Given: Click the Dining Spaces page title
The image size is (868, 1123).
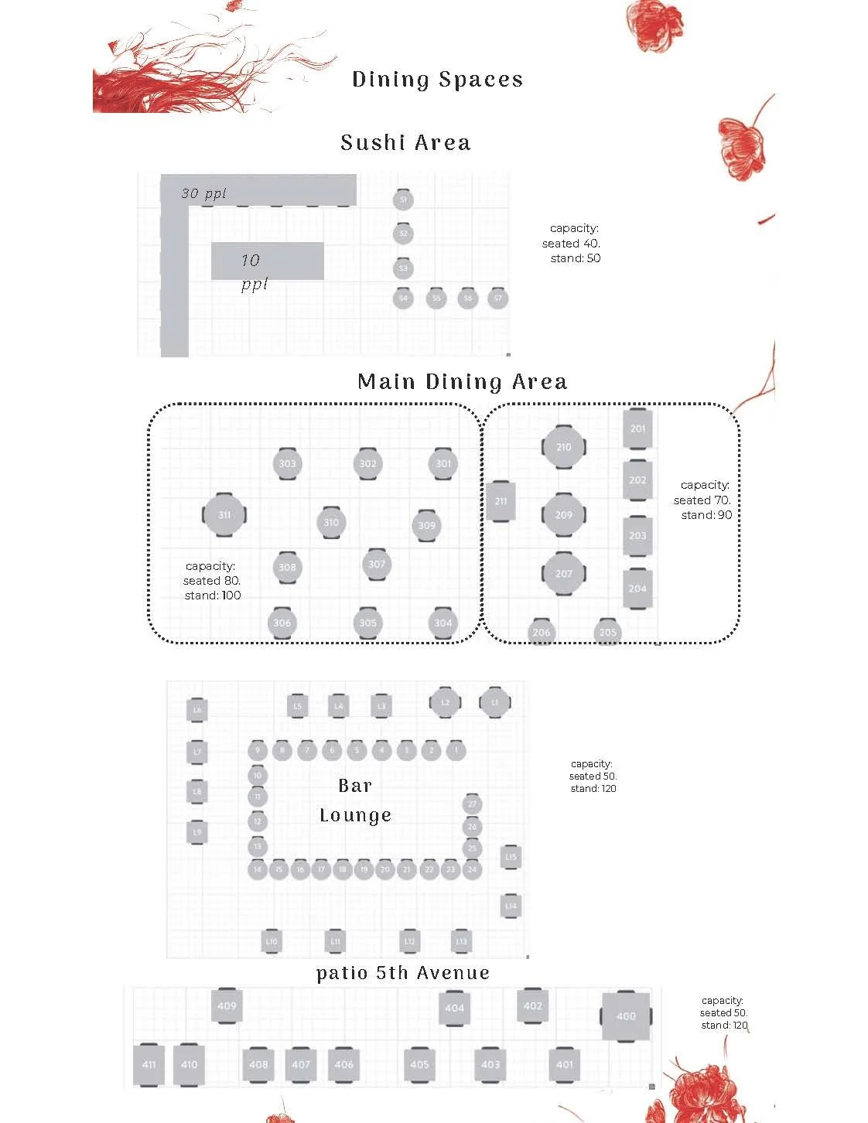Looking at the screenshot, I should (437, 80).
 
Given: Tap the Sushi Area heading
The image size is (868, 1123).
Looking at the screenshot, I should (405, 143).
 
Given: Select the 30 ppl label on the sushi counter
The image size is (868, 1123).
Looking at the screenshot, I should (203, 193).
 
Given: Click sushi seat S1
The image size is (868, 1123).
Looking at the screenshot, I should (403, 200).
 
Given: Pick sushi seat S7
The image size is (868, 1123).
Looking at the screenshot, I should (497, 298).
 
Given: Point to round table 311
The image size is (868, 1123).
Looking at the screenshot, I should (224, 514).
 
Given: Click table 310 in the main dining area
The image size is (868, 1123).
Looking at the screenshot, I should (331, 523).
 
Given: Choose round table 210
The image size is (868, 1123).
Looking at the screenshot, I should (564, 447).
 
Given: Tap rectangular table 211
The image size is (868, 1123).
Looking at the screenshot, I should (501, 501).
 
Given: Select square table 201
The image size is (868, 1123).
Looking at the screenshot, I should (637, 428).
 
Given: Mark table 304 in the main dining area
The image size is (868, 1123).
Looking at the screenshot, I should (443, 623).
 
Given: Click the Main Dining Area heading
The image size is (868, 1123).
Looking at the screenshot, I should (462, 382).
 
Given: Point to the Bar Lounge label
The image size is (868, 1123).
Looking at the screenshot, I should (355, 800).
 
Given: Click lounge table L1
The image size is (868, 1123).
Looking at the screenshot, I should (495, 702).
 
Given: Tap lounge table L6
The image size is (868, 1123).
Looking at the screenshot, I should (197, 710).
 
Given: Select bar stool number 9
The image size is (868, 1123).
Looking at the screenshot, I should (258, 750).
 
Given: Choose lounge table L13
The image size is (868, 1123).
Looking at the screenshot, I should (461, 941).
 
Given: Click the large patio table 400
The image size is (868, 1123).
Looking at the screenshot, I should (626, 1016).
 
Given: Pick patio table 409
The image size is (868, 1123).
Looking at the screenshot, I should (227, 1006).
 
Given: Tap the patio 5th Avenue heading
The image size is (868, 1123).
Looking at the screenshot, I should (403, 973).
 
